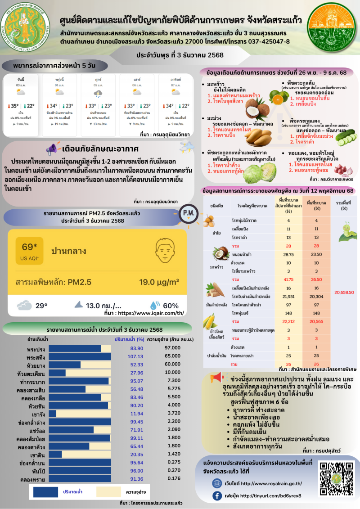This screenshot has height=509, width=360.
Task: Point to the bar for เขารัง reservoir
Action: click(53, 413)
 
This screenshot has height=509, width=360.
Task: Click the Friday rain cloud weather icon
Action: click(98, 94)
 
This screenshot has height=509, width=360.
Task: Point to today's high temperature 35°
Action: click(15, 106)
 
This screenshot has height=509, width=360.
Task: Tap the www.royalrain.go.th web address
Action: click(271, 484)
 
